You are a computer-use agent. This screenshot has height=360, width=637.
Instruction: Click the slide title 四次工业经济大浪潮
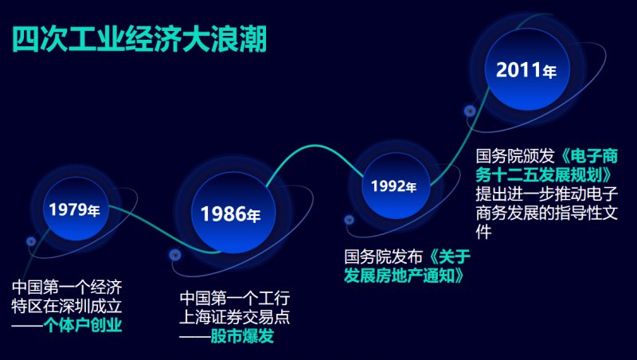pyautogui.click(x=139, y=38)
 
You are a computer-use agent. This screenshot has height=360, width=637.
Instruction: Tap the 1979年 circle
pyautogui.click(x=76, y=209)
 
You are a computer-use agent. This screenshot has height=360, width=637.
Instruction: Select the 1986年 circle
pyautogui.click(x=233, y=213)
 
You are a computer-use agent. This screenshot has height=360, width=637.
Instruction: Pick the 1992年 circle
pyautogui.click(x=395, y=186)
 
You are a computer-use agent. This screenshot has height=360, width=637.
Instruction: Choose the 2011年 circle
pyautogui.click(x=527, y=69)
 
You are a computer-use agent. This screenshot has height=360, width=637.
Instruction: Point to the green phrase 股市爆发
pyautogui.click(x=242, y=336)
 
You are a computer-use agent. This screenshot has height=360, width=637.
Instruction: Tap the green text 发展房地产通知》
pyautogui.click(x=404, y=276)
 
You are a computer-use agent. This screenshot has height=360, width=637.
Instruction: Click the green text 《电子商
pyautogui.click(x=589, y=155)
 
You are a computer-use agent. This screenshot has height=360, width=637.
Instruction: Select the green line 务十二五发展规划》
pyautogui.click(x=545, y=174)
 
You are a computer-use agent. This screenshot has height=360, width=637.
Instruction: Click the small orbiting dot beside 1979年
pyautogui.click(x=31, y=241)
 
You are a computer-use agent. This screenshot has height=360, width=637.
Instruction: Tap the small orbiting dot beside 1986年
pyautogui.click(x=174, y=255)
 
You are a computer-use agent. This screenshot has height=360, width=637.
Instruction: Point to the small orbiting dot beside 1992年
pyautogui.click(x=349, y=220)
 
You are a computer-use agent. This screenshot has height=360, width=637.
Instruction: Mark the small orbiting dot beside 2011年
pyautogui.click(x=470, y=111)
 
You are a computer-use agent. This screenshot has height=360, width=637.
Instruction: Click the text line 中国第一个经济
pyautogui.click(x=67, y=288)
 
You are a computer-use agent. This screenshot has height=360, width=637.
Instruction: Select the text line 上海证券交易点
pyautogui.click(x=235, y=317)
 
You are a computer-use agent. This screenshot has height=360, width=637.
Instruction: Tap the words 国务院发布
pyautogui.click(x=384, y=256)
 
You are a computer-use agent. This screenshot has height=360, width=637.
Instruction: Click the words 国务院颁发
pyautogui.click(x=515, y=155)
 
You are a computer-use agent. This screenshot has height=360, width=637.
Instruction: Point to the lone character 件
pyautogui.click(x=483, y=232)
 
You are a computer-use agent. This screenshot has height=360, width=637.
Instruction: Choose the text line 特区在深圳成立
pyautogui.click(x=67, y=306)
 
